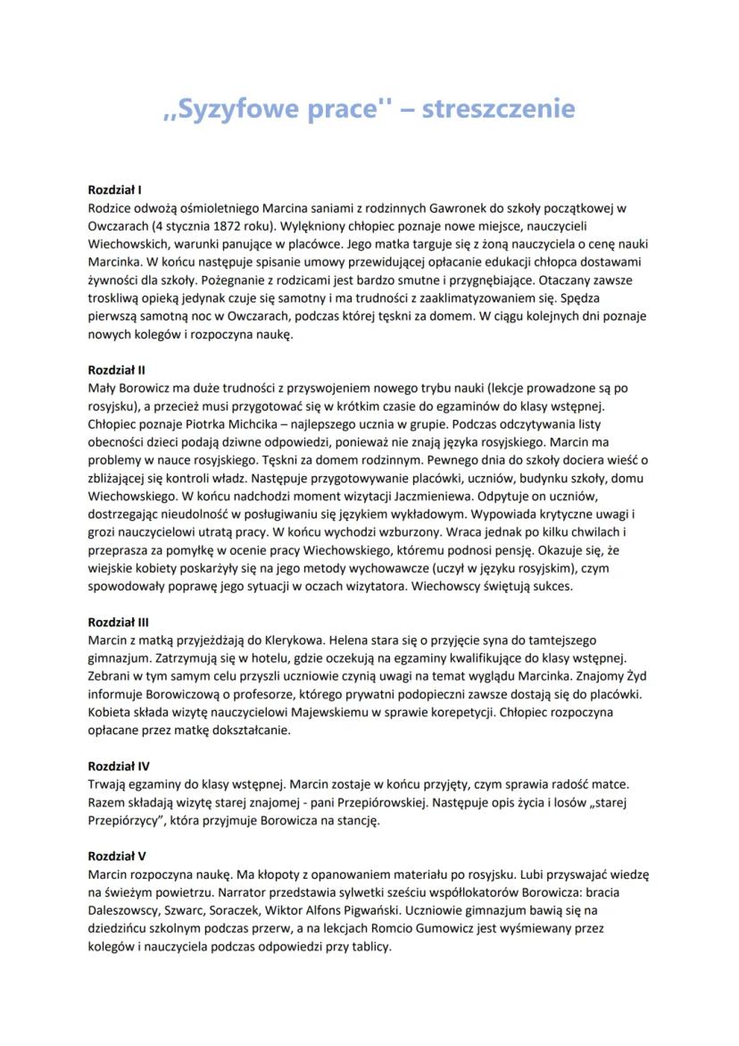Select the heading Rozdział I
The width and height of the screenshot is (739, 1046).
[x=115, y=190]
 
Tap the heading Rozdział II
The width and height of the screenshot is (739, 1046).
[x=117, y=369]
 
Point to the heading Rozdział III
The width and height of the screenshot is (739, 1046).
[x=119, y=621]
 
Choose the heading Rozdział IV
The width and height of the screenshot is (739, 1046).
[x=119, y=766]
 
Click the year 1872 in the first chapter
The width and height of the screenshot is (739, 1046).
[x=230, y=227]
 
